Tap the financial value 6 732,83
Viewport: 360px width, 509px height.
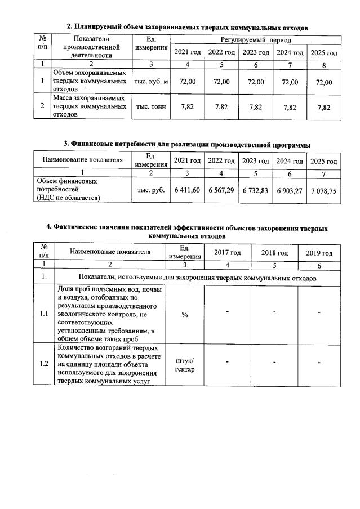[256, 190]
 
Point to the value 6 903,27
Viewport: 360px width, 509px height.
[290, 190]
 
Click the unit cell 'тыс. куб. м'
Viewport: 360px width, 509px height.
[150, 82]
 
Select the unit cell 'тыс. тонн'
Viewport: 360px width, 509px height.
[150, 107]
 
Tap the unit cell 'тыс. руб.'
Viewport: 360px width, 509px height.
[150, 190]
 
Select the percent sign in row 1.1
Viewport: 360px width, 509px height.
[185, 314]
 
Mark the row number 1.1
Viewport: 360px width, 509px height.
[43, 314]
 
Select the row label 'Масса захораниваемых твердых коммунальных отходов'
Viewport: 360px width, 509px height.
[90, 106]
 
